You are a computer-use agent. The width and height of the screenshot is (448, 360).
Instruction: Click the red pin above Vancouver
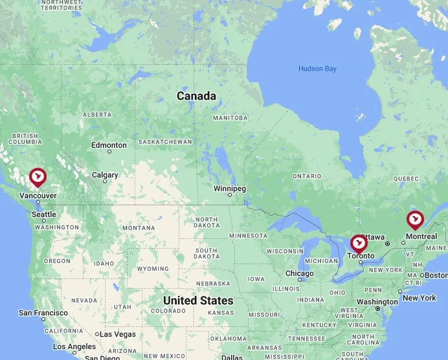(38, 176)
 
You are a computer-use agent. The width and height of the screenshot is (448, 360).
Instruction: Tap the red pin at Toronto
(358, 243)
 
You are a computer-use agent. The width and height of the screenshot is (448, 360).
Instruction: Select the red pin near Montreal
(415, 219)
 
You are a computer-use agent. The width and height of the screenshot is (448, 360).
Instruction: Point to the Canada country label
(196, 96)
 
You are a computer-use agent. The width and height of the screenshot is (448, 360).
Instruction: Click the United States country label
(198, 300)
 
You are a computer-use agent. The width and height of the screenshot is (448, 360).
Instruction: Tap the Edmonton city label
(109, 145)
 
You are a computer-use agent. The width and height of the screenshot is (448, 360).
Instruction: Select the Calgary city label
(105, 175)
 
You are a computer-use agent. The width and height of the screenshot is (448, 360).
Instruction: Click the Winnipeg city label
(230, 188)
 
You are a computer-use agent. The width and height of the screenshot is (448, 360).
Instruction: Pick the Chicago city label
(299, 273)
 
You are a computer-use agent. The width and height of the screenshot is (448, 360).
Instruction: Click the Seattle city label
(44, 214)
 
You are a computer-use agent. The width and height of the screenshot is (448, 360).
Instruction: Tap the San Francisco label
(43, 313)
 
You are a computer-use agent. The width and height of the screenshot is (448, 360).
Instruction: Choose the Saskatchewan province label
(166, 141)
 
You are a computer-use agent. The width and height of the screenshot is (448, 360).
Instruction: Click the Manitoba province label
(230, 118)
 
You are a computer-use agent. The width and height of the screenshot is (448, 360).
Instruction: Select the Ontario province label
(306, 176)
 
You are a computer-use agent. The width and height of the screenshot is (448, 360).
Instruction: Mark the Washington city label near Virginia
(377, 302)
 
